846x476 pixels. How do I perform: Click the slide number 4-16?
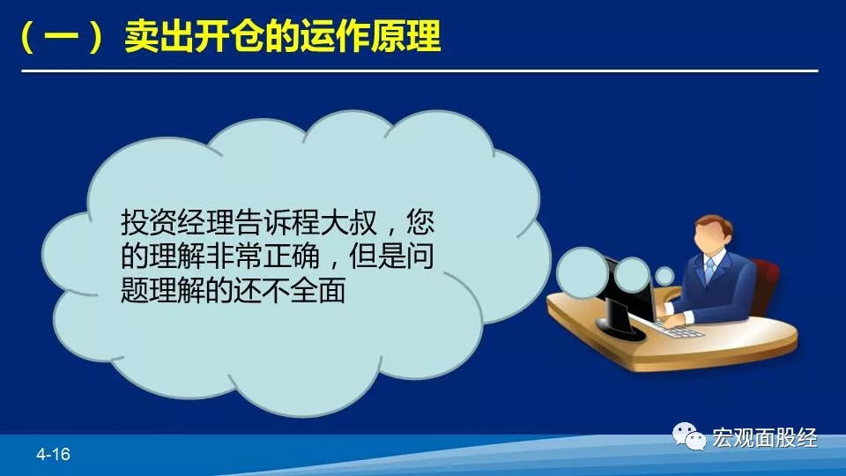coord(53,454)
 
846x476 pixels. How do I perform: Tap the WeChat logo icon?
coord(689,436)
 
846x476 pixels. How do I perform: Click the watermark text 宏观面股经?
coord(765,438)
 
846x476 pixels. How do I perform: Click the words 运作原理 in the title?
coord(371,37)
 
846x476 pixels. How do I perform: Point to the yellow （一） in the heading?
coord(61,37)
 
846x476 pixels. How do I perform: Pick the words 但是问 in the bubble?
coord(391,256)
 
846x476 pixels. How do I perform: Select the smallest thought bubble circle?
coord(664,276)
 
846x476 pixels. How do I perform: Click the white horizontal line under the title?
coord(419,71)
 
